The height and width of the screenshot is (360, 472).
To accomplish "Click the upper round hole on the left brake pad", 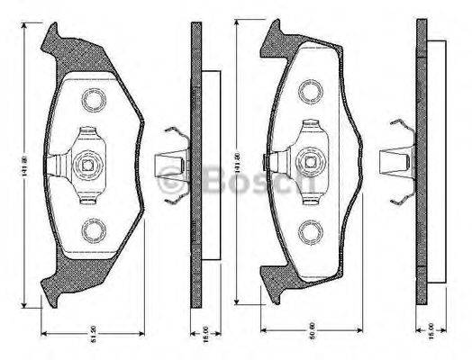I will tap(94, 98).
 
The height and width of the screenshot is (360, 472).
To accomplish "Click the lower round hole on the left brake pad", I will tap(94, 231).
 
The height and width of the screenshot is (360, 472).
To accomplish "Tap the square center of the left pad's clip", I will tap(87, 164).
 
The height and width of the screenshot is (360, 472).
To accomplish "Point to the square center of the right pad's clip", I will tap(312, 162).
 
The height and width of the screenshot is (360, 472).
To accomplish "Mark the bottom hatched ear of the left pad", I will tap(56, 288).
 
